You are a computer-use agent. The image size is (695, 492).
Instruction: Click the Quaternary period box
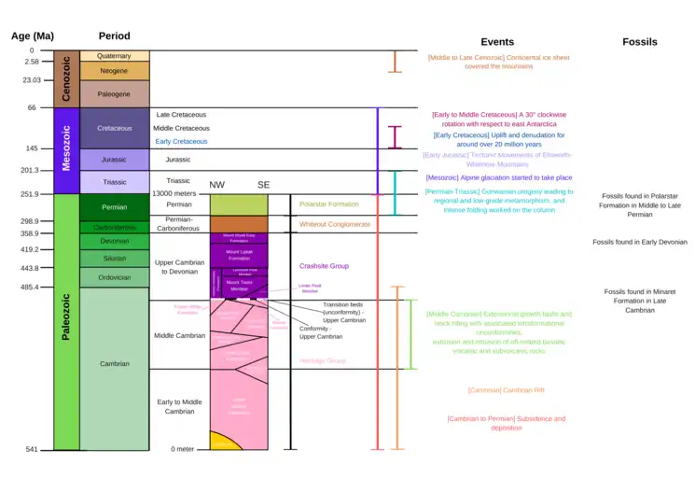click(x=114, y=56)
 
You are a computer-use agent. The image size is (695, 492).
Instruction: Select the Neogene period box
click(x=114, y=71)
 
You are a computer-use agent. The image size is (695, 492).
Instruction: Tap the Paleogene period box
click(x=114, y=94)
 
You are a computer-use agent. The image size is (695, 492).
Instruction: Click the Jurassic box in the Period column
click(x=114, y=160)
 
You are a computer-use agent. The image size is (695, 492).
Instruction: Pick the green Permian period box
click(x=114, y=207)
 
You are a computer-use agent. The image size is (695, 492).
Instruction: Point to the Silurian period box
click(x=114, y=259)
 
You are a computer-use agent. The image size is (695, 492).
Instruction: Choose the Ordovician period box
click(x=114, y=277)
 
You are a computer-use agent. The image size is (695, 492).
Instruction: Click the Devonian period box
click(x=114, y=241)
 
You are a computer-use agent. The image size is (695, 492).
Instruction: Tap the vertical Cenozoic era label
click(x=66, y=78)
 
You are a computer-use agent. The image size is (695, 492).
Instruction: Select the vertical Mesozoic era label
click(x=66, y=150)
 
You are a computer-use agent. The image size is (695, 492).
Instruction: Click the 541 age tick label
click(x=31, y=449)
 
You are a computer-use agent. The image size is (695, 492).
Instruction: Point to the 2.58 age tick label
click(x=32, y=62)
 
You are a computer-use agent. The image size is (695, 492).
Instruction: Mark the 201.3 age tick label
click(x=28, y=170)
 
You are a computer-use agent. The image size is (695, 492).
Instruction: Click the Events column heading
click(x=497, y=42)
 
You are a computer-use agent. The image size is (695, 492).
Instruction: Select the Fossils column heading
click(x=639, y=42)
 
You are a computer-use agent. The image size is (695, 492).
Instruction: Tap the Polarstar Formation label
click(x=328, y=204)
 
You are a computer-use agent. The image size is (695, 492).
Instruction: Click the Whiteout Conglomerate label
click(x=334, y=224)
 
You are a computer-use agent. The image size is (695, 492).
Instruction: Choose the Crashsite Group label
click(x=323, y=266)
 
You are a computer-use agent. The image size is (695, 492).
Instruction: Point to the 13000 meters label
click(x=178, y=192)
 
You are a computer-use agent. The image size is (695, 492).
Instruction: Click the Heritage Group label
click(x=323, y=360)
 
